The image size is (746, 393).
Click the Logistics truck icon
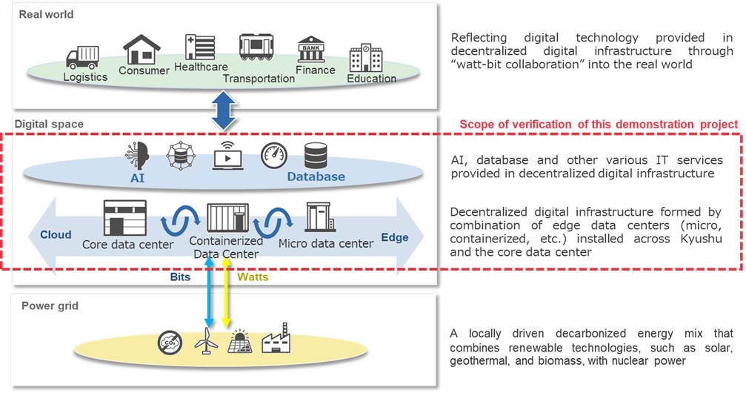(81, 58)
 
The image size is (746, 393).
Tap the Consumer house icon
(141, 50)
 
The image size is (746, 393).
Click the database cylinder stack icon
(316, 155)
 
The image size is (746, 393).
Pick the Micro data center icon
(320, 218)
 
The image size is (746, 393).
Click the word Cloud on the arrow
(56, 235)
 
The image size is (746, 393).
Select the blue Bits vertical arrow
(209, 293)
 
